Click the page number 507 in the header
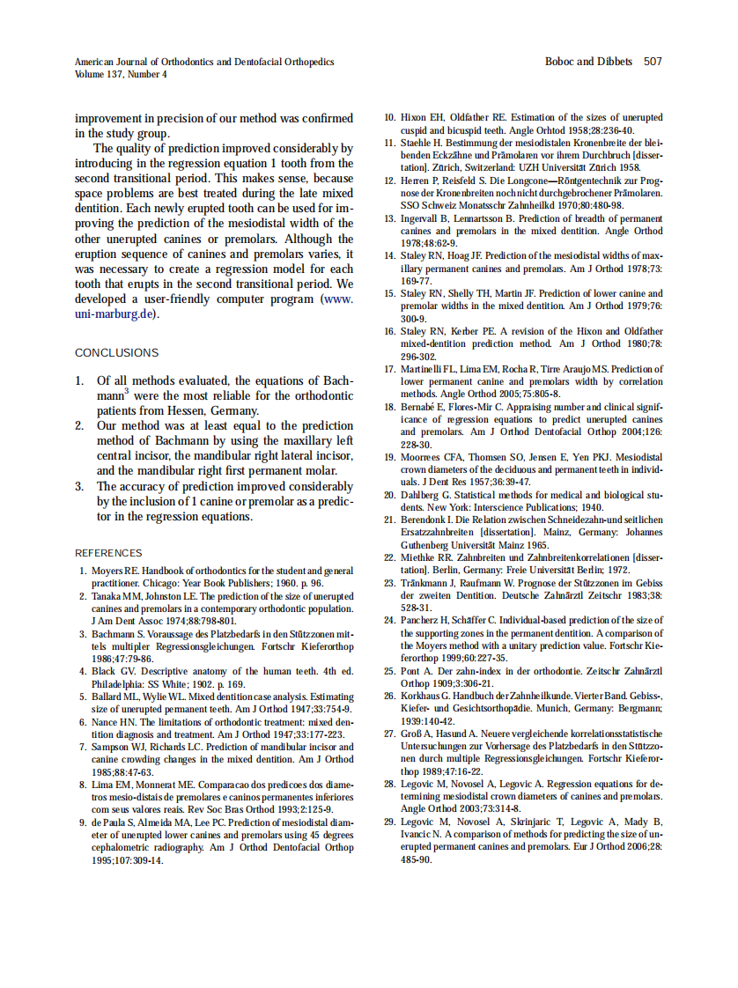point(653,62)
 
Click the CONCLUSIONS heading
point(116,353)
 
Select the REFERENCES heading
point(108,553)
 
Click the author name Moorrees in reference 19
point(423,458)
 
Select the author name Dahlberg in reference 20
point(422,496)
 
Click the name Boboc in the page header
point(562,62)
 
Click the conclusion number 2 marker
point(79,425)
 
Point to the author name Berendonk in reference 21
point(427,520)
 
